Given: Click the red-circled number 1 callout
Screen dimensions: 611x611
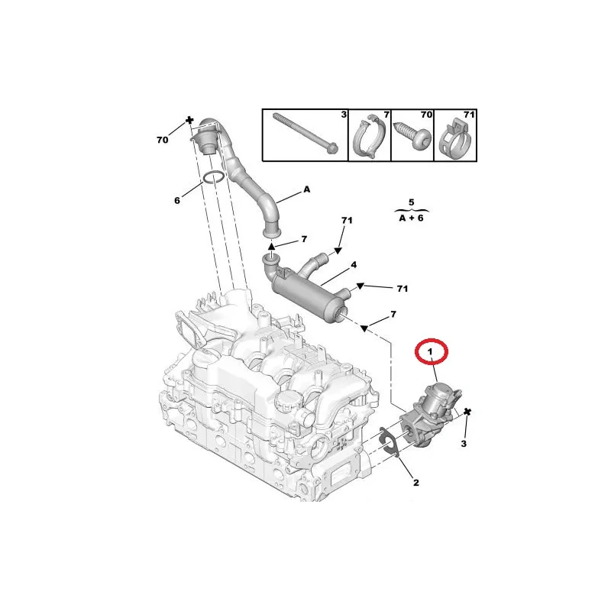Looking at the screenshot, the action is (x=430, y=352).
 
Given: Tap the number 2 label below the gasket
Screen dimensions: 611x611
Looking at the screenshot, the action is (x=415, y=483).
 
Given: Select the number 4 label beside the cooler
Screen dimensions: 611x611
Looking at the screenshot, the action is (x=354, y=265).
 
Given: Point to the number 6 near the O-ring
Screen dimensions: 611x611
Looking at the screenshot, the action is (x=177, y=201).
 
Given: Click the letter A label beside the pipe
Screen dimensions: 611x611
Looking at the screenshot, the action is (x=307, y=189).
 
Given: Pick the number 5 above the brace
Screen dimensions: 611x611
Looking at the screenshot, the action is (x=412, y=202).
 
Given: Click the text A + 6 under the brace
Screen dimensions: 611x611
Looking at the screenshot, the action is (x=412, y=218).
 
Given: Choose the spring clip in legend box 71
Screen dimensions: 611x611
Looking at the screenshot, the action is (x=455, y=138).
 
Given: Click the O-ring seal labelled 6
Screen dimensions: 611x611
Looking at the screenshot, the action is (x=213, y=177).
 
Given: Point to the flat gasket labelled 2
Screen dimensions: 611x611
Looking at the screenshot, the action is (x=389, y=442).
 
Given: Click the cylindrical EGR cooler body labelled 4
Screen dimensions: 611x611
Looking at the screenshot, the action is (x=306, y=295).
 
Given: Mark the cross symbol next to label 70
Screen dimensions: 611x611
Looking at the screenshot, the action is (x=189, y=120).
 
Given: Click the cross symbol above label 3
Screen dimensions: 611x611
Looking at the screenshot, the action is (x=467, y=412).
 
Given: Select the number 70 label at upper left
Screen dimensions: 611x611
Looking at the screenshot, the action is (x=163, y=140).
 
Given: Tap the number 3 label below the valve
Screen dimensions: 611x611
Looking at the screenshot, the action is (x=464, y=444).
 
